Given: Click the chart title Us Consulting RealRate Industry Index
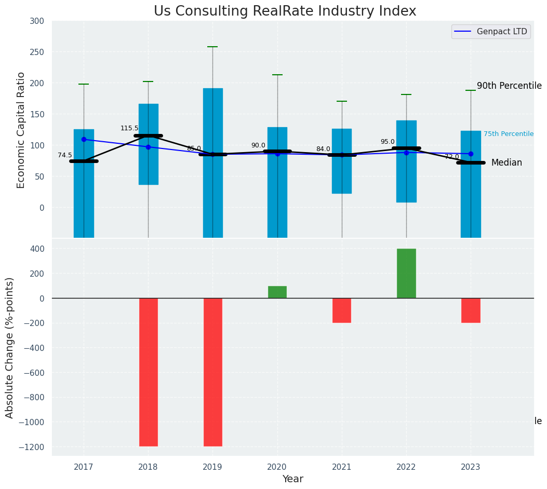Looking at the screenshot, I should coord(285,11).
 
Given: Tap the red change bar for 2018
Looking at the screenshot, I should coord(149,372).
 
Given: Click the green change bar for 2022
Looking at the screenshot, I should coord(406,273).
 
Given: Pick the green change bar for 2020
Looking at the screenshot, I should coord(277,292).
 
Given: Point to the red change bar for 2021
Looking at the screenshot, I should coord(342,310).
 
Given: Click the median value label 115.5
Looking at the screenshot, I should coord(129,128).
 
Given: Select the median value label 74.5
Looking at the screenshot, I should coord(65,155).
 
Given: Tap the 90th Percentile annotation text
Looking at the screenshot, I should coord(509,86).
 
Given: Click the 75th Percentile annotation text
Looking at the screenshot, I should coord(509,134).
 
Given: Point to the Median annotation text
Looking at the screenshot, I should coord(506,163).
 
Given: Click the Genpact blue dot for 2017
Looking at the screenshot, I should coord(84,139).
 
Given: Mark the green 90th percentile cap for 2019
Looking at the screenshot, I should coord(212,47).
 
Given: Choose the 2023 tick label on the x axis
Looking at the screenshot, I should coord(471,467).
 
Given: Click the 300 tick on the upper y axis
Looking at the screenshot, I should coord(41,21).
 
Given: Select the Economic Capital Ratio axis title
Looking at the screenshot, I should coord(21,130).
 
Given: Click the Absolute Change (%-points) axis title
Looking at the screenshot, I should coord(10,347).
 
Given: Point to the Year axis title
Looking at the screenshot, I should coord(292,479).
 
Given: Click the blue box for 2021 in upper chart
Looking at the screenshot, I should coord(342,161).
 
